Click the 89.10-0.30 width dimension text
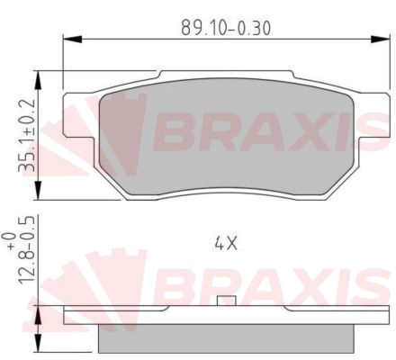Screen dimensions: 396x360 click(x=226, y=28)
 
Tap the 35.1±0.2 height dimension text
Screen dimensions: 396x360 click(x=27, y=136)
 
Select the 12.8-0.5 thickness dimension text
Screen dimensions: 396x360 click(x=27, y=250)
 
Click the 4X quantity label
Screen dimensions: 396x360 click(x=226, y=243)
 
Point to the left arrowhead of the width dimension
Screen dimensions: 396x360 click(x=72, y=39)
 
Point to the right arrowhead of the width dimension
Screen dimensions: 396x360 click(x=381, y=39)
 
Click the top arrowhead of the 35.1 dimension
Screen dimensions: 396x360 click(x=38, y=80)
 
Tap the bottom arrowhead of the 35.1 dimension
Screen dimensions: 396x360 click(x=38, y=191)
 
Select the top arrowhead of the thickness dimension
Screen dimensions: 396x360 click(x=38, y=315)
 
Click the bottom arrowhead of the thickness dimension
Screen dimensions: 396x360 click(x=38, y=343)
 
